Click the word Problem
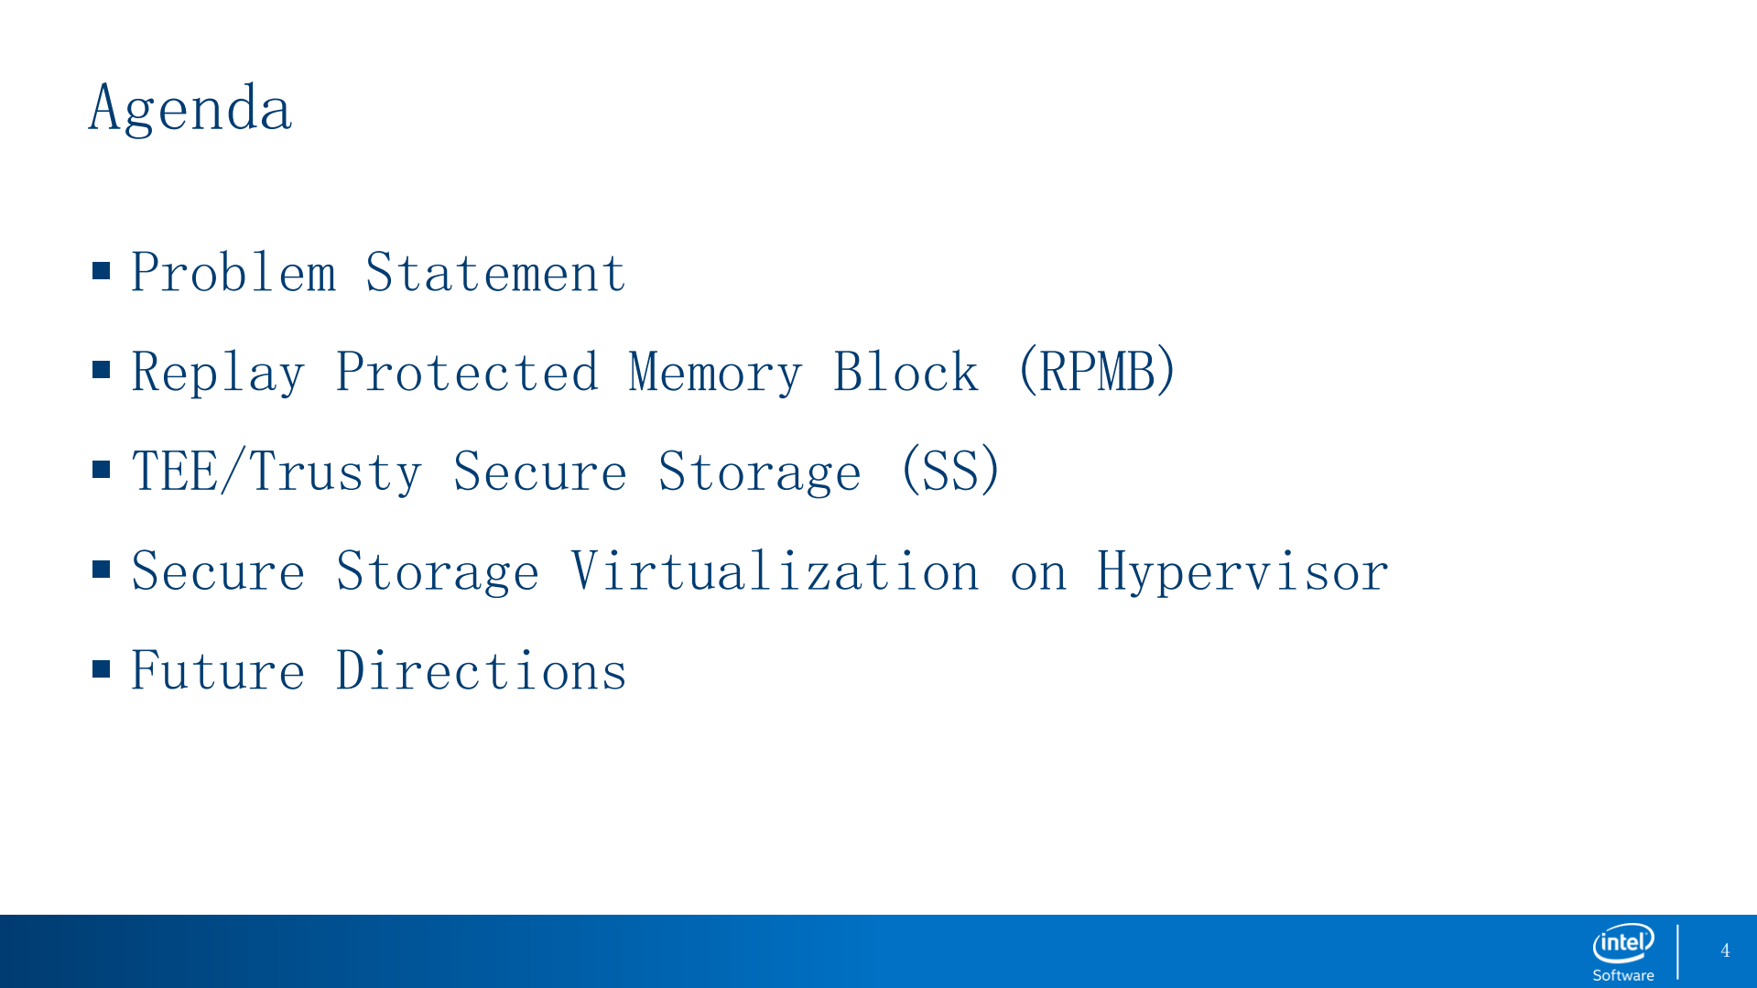pos(234,272)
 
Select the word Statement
pos(495,272)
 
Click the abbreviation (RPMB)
pos(1097,371)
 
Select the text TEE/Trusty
pos(277,471)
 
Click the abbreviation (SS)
pos(951,471)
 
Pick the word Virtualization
pos(775,570)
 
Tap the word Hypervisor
pos(1242,572)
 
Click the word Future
pos(218,670)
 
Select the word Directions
pos(482,670)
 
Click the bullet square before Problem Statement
pos(102,270)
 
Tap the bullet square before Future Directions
pos(102,668)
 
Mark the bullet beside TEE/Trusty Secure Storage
pos(102,470)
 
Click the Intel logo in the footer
pos(1623,943)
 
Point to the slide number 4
pos(1725,950)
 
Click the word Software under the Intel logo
pos(1623,975)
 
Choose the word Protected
pos(467,372)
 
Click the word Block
pos(906,372)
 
